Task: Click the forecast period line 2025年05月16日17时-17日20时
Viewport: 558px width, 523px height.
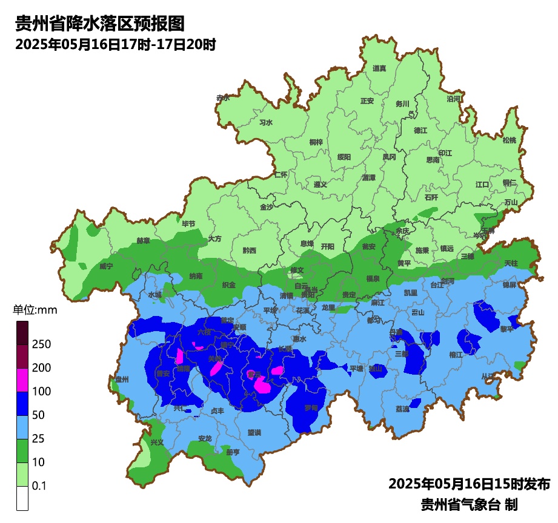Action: pos(116,45)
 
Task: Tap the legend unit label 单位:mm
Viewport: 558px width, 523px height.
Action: pos(35,310)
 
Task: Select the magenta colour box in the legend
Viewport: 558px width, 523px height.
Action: pos(22,380)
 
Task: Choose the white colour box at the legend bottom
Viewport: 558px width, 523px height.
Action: pos(22,498)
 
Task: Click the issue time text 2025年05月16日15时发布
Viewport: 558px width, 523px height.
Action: pos(469,484)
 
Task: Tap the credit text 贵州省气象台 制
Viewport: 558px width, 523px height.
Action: pos(469,504)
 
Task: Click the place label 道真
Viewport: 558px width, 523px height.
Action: pos(379,68)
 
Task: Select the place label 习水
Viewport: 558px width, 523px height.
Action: pos(266,122)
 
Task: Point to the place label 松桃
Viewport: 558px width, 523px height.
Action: pos(510,140)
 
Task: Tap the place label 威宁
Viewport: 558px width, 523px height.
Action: pos(106,266)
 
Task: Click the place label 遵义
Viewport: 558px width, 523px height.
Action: pos(321,185)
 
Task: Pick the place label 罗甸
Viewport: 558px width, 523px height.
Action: pos(311,408)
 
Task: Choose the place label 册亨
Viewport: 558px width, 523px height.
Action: pos(233,452)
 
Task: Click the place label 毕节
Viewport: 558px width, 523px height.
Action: pos(189,224)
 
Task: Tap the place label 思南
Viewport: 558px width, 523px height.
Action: pos(433,160)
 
